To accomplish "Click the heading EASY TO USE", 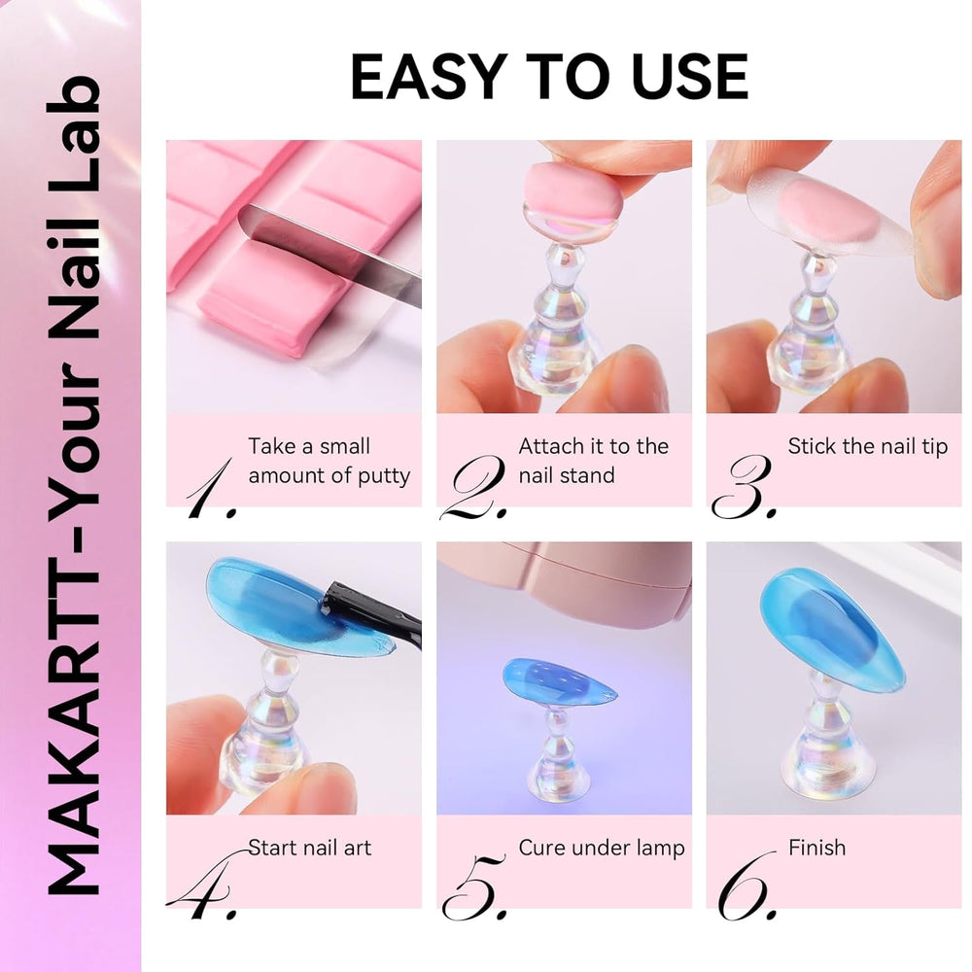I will point(549,78).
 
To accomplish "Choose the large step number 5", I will point(474,885).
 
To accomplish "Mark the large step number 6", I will point(746,885).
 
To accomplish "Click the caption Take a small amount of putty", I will point(329,461).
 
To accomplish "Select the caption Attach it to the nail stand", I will point(593,461).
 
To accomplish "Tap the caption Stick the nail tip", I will point(867,447).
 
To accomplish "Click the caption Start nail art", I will point(309,848).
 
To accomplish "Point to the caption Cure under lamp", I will point(601,848).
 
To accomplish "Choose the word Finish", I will point(816,848).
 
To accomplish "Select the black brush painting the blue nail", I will point(374,610).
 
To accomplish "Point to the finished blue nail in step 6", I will point(831,632).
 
